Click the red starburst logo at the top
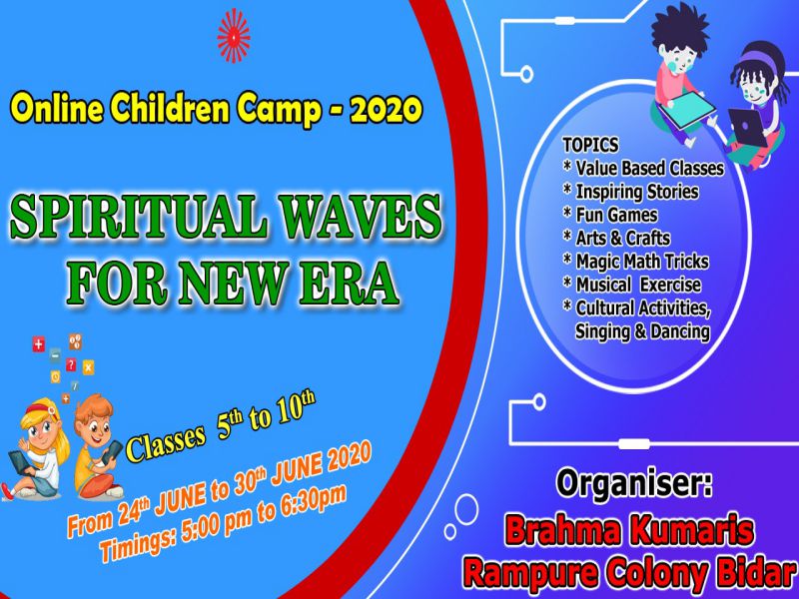click(x=234, y=36)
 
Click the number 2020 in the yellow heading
click(x=387, y=109)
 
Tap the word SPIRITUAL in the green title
click(x=138, y=216)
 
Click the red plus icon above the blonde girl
click(x=39, y=344)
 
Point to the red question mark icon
click(x=71, y=364)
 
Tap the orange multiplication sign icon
click(x=88, y=367)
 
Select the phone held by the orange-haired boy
click(x=112, y=452)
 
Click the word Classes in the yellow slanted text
click(x=166, y=441)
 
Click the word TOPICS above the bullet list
click(x=590, y=145)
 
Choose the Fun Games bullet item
click(x=610, y=215)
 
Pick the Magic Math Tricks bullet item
click(x=636, y=262)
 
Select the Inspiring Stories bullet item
click(x=631, y=192)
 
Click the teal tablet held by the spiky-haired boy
click(x=686, y=108)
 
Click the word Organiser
click(x=634, y=483)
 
